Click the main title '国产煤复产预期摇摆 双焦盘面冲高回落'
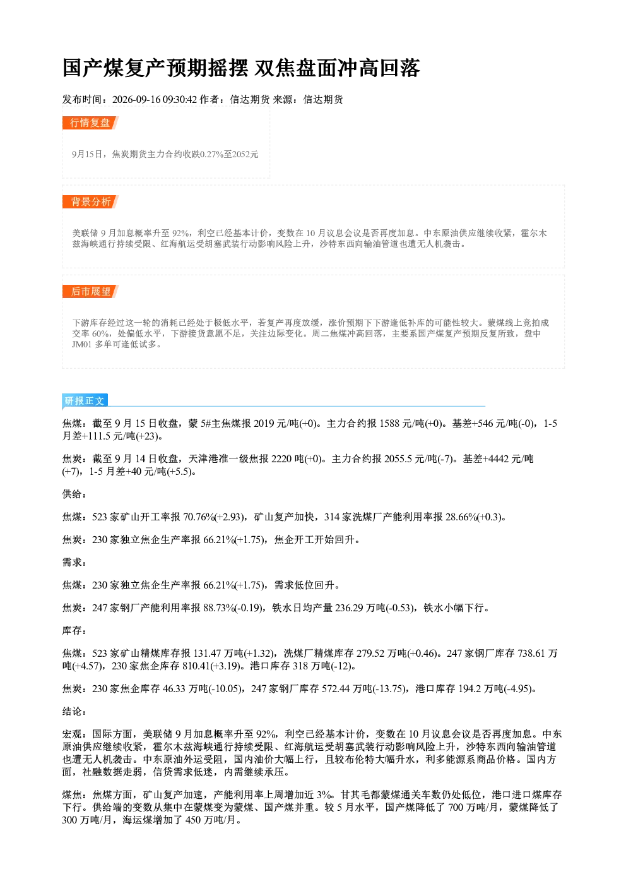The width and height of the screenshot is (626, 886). point(241,68)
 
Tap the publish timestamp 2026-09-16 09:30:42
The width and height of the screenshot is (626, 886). point(155,99)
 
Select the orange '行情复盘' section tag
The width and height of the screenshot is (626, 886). point(90,123)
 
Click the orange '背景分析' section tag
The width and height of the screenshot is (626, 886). point(90,201)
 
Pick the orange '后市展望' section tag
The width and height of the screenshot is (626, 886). point(90,292)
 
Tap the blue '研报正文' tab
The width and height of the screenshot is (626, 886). point(85,400)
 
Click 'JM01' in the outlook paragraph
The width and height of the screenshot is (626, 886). point(82,345)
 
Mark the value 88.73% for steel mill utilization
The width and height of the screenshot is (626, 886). point(220,608)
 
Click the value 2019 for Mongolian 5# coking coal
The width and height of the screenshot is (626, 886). point(264,424)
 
